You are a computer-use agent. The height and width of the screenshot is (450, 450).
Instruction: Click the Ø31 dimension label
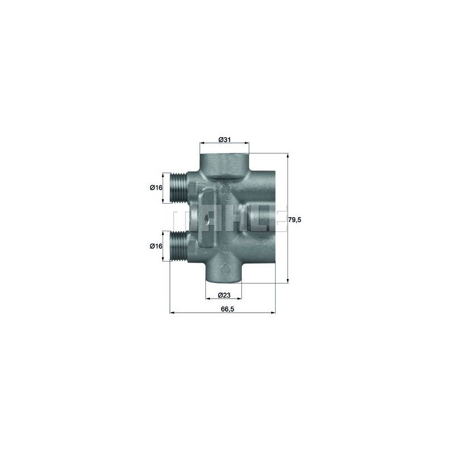(x=224, y=139)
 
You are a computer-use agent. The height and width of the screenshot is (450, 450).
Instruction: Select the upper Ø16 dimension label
(x=156, y=188)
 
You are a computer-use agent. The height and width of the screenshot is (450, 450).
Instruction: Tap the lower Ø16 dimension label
(x=156, y=246)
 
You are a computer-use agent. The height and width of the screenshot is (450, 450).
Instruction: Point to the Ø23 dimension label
(x=224, y=295)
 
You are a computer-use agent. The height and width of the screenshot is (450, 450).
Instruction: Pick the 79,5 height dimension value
(x=295, y=220)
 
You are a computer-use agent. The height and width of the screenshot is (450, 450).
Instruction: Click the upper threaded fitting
(x=178, y=188)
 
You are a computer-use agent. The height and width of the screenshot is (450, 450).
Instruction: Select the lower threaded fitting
(x=178, y=246)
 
